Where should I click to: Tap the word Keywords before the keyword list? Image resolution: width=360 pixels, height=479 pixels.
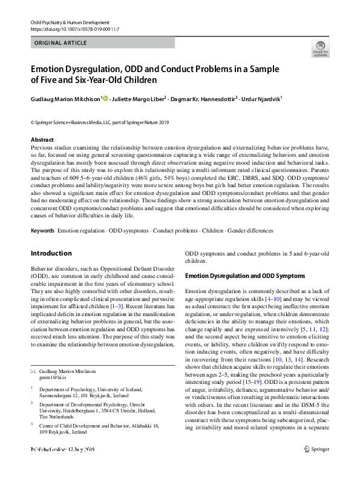pos(42,231)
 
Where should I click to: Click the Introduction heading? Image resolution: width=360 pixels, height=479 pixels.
pos(51,253)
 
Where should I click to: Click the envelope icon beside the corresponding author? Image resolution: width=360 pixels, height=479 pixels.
pos(33,371)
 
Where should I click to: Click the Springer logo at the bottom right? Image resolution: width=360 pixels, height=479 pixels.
pos(318,466)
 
